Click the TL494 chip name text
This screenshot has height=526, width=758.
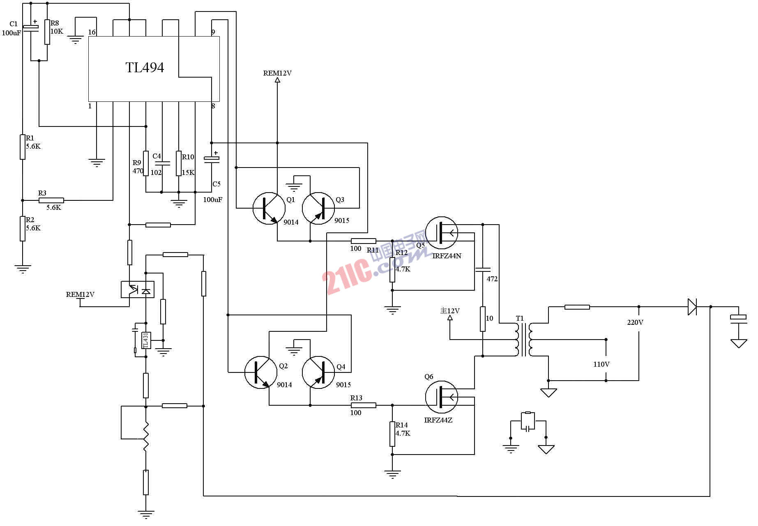[145, 67]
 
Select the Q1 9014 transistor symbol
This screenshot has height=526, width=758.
[269, 208]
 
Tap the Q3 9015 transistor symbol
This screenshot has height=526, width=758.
[318, 208]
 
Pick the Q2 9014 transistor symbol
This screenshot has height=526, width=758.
[260, 372]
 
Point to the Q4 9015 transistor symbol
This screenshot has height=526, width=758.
[318, 372]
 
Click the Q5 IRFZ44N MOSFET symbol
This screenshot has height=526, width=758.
[441, 233]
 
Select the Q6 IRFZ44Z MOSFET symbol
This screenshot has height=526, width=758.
[441, 397]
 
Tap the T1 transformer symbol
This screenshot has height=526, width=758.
[523, 340]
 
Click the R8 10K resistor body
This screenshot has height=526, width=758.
[47, 32]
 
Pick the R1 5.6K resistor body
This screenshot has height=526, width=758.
[23, 147]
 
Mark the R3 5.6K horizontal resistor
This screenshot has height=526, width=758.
[51, 200]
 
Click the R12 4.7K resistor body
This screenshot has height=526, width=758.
[392, 270]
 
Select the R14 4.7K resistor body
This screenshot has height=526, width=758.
[392, 434]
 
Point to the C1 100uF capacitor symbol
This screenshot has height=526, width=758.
[31, 28]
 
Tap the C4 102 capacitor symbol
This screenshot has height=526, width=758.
[162, 163]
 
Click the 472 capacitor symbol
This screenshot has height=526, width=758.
[483, 270]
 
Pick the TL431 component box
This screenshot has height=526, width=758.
[146, 340]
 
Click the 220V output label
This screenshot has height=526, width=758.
[635, 322]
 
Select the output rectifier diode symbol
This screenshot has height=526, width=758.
[692, 307]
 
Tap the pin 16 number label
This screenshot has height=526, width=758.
[92, 32]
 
